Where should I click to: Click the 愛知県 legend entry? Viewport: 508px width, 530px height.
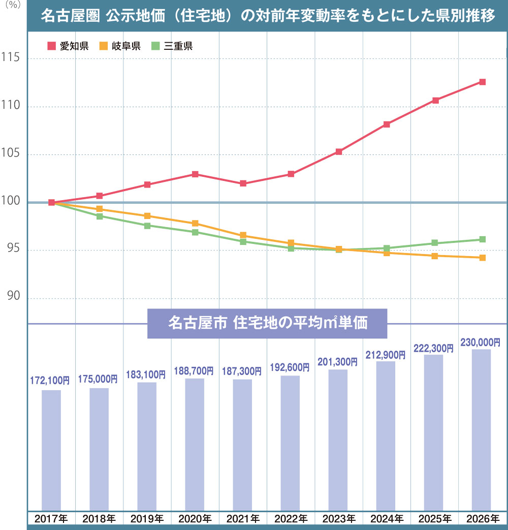pyautogui.click(x=68, y=46)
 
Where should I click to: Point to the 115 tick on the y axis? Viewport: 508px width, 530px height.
pyautogui.click(x=10, y=58)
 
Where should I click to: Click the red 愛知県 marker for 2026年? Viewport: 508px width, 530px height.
pyautogui.click(x=482, y=82)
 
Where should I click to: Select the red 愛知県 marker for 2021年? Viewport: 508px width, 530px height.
pyautogui.click(x=243, y=183)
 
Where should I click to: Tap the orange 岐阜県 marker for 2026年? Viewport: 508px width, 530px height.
pyautogui.click(x=482, y=258)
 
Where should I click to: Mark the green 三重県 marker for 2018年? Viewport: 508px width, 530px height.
pyautogui.click(x=100, y=216)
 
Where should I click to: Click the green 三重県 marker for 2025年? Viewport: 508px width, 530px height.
pyautogui.click(x=435, y=243)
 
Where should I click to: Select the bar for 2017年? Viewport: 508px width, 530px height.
pyautogui.click(x=51, y=450)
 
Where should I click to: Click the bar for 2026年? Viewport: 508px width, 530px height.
pyautogui.click(x=481, y=429)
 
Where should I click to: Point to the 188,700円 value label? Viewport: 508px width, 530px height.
pyautogui.click(x=194, y=371)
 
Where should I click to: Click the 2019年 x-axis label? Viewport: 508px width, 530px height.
pyautogui.click(x=147, y=519)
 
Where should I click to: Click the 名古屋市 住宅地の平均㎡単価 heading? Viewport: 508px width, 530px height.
pyautogui.click(x=267, y=323)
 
